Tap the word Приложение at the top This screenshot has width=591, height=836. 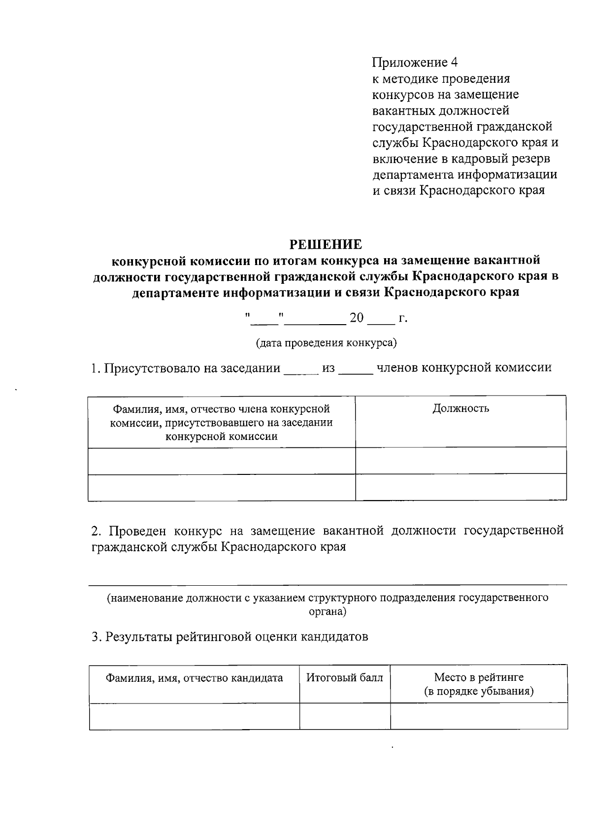click(x=409, y=63)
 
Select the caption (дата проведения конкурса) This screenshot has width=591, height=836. click(x=326, y=343)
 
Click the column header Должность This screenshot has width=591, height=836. click(x=461, y=408)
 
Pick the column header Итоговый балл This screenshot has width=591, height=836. click(x=345, y=678)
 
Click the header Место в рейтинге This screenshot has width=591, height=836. click(x=479, y=678)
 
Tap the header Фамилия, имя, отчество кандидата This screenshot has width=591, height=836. click(x=195, y=678)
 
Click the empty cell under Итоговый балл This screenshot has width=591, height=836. click(x=345, y=716)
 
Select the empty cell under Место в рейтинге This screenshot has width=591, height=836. click(x=479, y=716)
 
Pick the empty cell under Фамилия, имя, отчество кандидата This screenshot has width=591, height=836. click(x=195, y=716)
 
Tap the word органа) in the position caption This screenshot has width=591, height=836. click(x=328, y=612)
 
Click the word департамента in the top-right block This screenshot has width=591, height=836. click(x=413, y=175)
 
